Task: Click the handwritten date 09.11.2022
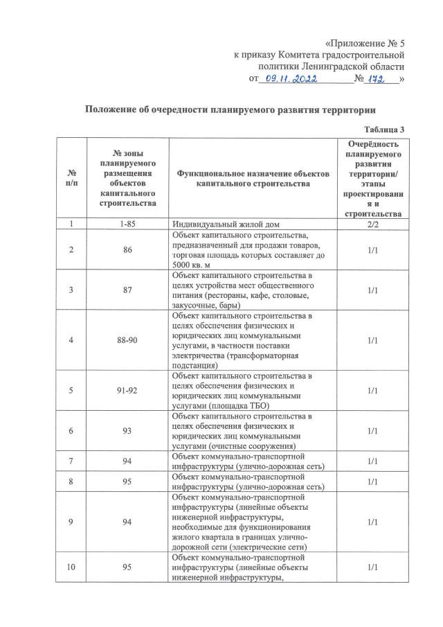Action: (290, 79)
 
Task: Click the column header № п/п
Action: (72, 178)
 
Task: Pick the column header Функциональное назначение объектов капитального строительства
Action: (252, 178)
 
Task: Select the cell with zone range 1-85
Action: (127, 224)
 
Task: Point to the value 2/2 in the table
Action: (372, 224)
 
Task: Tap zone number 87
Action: (127, 290)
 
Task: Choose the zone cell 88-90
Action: (127, 340)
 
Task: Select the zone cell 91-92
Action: (127, 390)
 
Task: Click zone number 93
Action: (127, 431)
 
